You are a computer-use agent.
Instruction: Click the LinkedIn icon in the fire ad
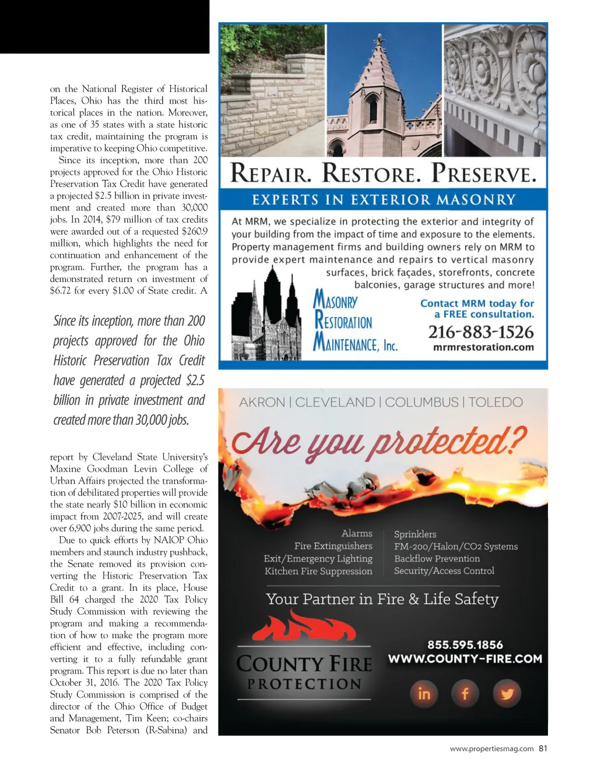[x=424, y=693]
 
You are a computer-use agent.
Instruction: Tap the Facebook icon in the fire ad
[x=465, y=693]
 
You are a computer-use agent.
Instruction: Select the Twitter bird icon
[x=507, y=693]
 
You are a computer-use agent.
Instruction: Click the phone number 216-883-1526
[x=481, y=332]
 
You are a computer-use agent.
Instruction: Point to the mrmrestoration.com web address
[x=483, y=347]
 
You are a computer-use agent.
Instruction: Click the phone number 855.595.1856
[x=465, y=644]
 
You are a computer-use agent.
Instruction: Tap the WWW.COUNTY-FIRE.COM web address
[x=465, y=659]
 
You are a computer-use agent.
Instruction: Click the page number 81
[x=543, y=749]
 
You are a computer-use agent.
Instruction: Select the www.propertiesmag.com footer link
[x=491, y=749]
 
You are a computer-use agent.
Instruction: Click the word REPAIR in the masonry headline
[x=272, y=174]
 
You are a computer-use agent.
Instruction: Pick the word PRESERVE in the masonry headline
[x=483, y=174]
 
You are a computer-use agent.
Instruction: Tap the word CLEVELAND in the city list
[x=335, y=402]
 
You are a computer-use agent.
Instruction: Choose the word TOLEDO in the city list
[x=496, y=402]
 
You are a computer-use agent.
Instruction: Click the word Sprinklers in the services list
[x=415, y=534]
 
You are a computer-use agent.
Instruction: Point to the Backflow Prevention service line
[x=437, y=559]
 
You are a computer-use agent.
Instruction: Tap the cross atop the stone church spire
[x=380, y=40]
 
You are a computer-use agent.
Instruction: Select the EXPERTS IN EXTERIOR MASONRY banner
[x=384, y=200]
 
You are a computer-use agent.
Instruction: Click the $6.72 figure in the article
[x=61, y=291]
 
